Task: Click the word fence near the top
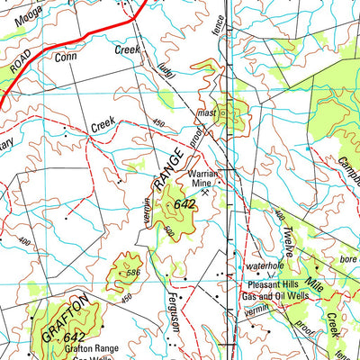point(221,31)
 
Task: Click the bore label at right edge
point(346,260)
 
